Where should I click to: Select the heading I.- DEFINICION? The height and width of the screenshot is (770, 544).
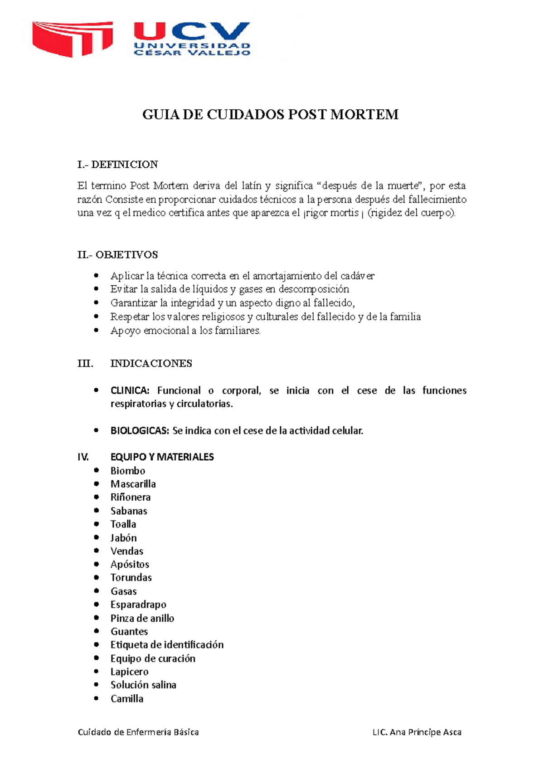click(117, 164)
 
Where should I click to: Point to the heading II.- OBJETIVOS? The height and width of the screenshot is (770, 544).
click(117, 255)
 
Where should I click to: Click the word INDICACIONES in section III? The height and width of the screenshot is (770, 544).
click(151, 364)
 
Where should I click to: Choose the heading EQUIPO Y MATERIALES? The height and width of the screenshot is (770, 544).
click(162, 457)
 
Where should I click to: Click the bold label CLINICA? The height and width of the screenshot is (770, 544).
click(130, 391)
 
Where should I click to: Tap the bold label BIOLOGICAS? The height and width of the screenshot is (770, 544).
click(139, 431)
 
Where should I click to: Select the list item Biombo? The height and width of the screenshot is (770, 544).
click(128, 471)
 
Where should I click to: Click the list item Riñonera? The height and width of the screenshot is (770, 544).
click(131, 497)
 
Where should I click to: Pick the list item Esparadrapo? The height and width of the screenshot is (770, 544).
click(138, 604)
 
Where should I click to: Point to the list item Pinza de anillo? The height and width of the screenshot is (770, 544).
click(142, 618)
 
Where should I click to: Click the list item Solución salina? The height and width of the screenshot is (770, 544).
click(143, 685)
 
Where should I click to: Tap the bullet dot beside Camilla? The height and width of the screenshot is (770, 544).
click(96, 698)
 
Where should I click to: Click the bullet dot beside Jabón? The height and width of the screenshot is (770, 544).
click(96, 537)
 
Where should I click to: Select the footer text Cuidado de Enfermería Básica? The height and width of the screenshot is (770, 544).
click(138, 732)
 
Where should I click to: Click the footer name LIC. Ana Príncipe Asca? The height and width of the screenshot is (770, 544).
click(417, 732)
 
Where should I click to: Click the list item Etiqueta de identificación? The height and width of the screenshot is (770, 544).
click(167, 645)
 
